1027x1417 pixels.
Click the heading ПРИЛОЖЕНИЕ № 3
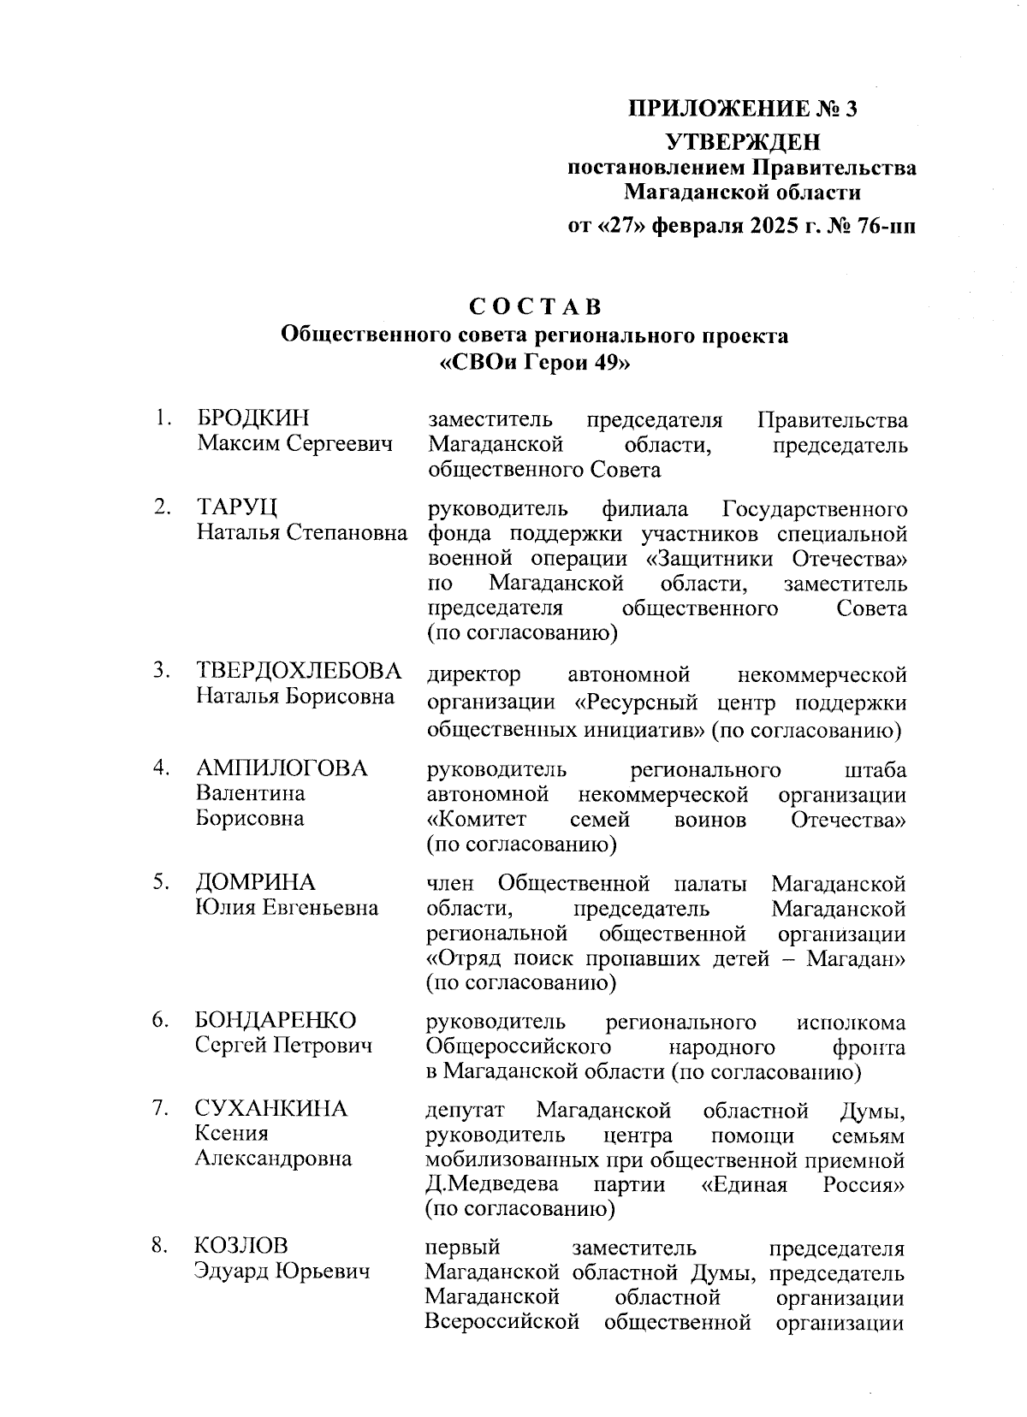click(742, 110)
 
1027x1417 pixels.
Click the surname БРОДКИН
click(253, 418)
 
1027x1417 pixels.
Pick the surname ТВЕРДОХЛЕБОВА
click(299, 670)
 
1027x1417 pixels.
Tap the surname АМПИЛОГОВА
click(282, 768)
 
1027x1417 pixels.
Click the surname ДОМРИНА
click(255, 882)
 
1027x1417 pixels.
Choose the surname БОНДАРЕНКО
click(276, 1020)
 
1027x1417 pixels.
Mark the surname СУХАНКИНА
click(271, 1109)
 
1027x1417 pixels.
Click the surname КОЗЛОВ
click(241, 1245)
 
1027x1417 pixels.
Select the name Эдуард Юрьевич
click(282, 1272)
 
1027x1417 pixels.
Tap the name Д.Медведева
click(492, 1184)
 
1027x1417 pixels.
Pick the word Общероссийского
click(518, 1047)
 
